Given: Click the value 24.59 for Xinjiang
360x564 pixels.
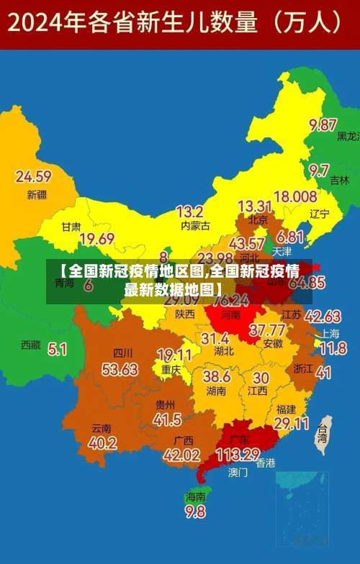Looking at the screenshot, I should click(33, 176).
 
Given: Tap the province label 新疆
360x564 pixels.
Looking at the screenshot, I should click(36, 194).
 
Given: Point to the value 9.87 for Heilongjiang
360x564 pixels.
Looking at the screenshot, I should click(323, 124).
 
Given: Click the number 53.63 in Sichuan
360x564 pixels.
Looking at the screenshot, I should click(120, 369).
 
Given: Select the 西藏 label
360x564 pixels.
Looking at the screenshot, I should click(31, 345).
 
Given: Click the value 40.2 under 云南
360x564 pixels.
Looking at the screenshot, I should click(103, 442).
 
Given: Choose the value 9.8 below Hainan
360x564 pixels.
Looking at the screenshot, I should click(195, 511).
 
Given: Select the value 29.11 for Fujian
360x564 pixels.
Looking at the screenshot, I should click(292, 424).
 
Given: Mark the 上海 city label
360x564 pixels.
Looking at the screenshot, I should click(330, 333).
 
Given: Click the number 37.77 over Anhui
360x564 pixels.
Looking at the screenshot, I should click(266, 330).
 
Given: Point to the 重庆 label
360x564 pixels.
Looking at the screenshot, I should click(171, 369).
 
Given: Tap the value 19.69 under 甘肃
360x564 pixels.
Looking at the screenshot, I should click(97, 239).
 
